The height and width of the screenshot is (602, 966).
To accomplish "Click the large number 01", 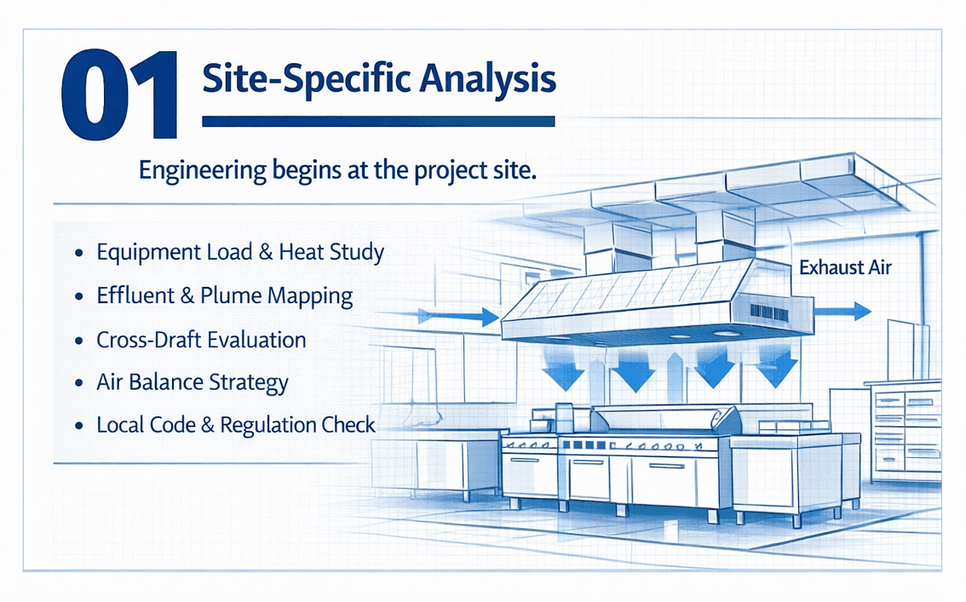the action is pyautogui.click(x=120, y=95).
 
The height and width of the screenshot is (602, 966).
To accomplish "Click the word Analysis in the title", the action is pyautogui.click(x=488, y=80).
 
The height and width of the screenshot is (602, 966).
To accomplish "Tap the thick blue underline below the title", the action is pyautogui.click(x=378, y=122).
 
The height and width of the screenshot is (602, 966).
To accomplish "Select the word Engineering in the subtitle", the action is pyautogui.click(x=202, y=170).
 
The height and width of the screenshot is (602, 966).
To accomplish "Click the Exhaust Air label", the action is pyautogui.click(x=845, y=267).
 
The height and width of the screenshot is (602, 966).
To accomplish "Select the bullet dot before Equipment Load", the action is pyautogui.click(x=79, y=253).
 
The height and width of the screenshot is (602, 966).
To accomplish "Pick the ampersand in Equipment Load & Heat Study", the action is pyautogui.click(x=266, y=252).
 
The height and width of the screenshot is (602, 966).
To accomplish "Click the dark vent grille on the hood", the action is pyautogui.click(x=769, y=312).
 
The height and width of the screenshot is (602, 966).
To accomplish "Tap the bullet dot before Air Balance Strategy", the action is pyautogui.click(x=79, y=383).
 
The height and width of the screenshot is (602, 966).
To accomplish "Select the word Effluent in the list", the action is pyautogui.click(x=135, y=296).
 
